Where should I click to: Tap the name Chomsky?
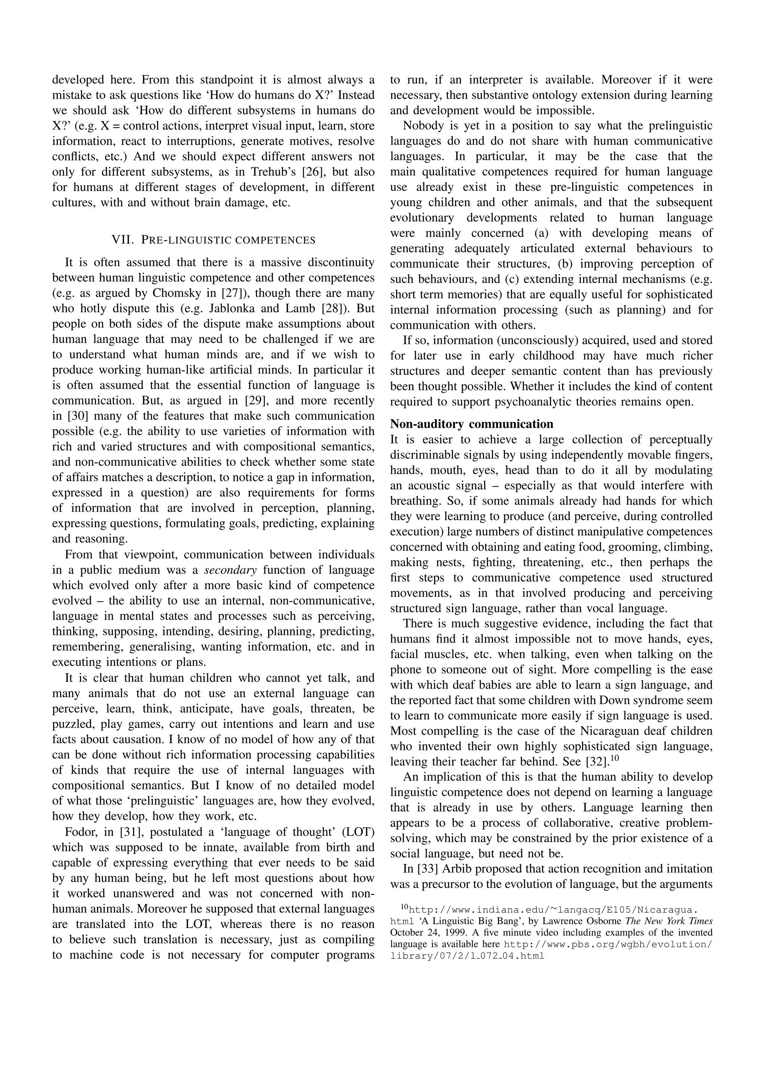pos(175,293)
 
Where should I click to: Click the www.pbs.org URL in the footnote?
pos(608,944)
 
